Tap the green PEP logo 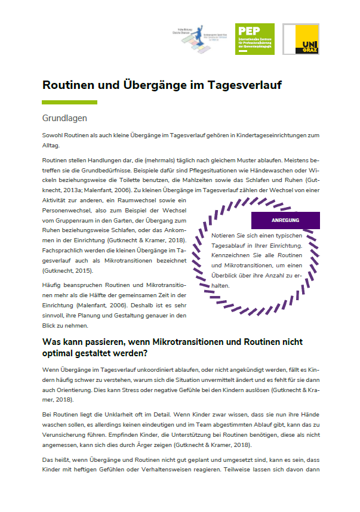255,39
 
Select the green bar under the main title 69,103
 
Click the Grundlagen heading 65,118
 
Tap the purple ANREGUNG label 285,220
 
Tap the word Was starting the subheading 51,342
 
